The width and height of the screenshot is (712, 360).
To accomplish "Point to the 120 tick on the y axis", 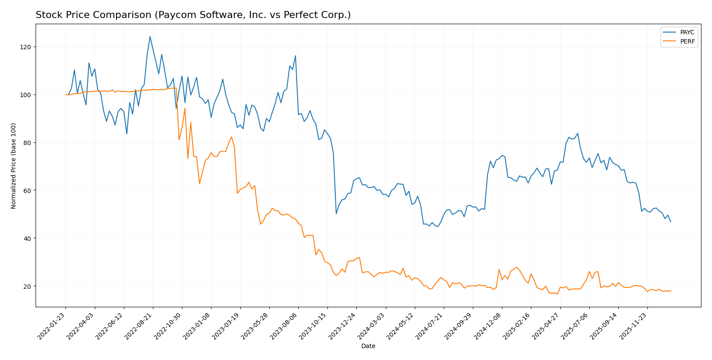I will (28, 47).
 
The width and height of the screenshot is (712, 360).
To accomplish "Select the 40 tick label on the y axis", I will (28, 238).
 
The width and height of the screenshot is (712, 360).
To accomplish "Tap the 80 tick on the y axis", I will (28, 143).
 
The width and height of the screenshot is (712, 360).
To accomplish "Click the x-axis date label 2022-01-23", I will (52, 326).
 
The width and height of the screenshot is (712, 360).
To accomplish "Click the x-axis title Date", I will (368, 346).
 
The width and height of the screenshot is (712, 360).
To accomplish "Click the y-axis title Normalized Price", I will (14, 166).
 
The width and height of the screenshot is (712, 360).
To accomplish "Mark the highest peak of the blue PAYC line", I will (150, 36).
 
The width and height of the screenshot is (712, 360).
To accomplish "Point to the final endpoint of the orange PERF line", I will (671, 291).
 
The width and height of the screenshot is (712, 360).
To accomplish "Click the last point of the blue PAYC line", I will (671, 222).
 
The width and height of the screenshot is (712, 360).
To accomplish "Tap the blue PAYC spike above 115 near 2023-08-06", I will (295, 56).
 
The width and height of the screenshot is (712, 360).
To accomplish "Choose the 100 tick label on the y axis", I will (26, 95).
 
